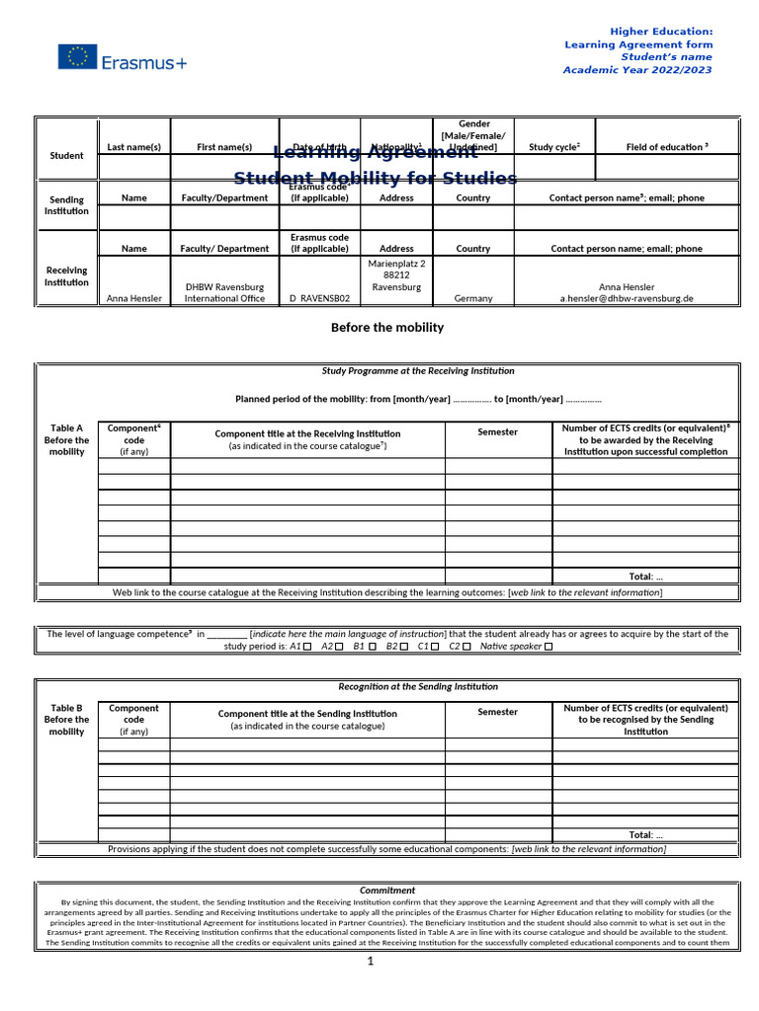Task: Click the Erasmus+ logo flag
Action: (77, 57)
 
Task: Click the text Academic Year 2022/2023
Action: (636, 70)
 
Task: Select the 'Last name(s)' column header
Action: (133, 147)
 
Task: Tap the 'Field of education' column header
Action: (667, 147)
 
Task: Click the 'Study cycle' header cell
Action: (554, 147)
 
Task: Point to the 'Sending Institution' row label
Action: (67, 205)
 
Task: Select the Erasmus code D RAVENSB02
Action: (319, 298)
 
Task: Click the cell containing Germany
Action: (473, 298)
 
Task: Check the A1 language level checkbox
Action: (307, 647)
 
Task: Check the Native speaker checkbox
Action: (548, 647)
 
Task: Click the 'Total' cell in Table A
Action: (645, 576)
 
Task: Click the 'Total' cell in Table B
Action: (645, 834)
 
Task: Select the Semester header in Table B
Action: (497, 712)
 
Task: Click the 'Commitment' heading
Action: (387, 890)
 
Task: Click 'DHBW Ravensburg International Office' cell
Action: (224, 292)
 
